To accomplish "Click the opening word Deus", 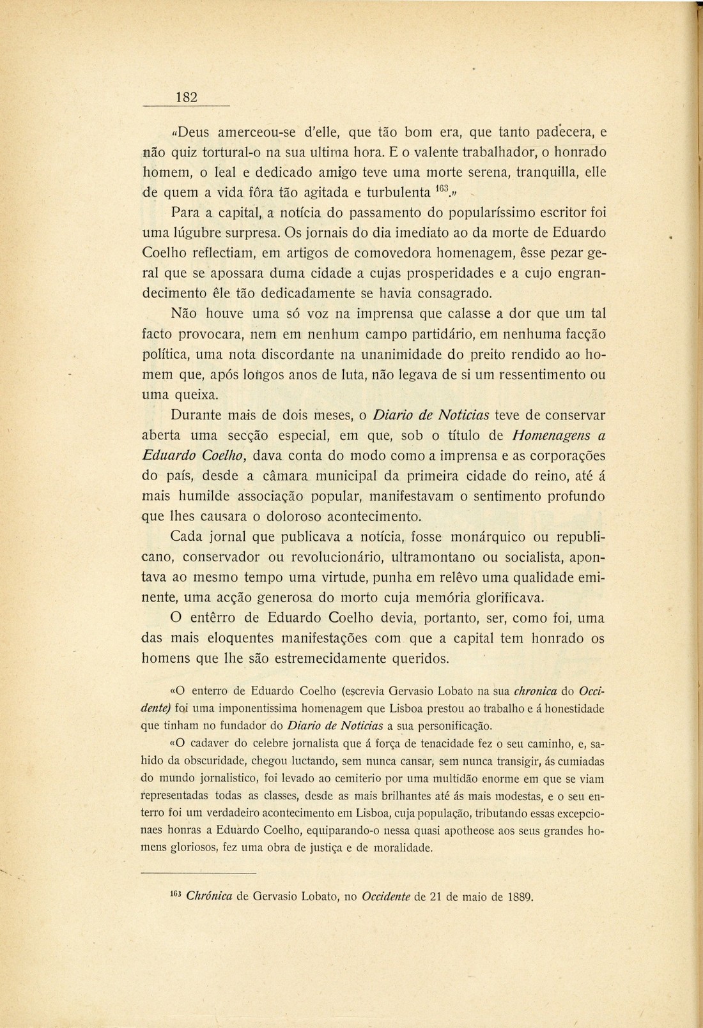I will [195, 133].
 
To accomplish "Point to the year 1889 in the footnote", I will [518, 896].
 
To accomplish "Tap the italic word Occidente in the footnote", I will [387, 896].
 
